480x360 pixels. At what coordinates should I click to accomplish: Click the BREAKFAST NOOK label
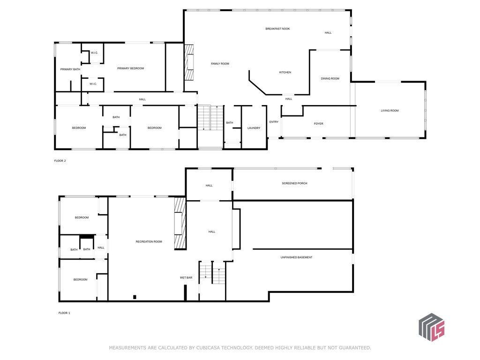point(277,29)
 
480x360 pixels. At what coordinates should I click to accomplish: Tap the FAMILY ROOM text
point(220,64)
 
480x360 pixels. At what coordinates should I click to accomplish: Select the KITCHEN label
point(285,72)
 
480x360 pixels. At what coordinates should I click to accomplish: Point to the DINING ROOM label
point(330,79)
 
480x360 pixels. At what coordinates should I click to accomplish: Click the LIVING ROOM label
point(390,111)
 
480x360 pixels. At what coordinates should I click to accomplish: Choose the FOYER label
point(318,124)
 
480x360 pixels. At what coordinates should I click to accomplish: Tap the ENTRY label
point(274,122)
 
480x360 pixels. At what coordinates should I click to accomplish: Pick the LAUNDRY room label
point(254,128)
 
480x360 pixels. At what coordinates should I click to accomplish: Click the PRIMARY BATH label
point(70,69)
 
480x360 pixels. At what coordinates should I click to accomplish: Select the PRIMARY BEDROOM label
point(130,68)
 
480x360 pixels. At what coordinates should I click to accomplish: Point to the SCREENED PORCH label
point(294,183)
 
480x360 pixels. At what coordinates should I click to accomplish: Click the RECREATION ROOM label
point(149,241)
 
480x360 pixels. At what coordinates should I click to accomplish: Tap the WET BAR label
point(186,277)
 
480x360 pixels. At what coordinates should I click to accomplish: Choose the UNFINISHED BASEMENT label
point(296,257)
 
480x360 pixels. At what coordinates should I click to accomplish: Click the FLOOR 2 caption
point(60,161)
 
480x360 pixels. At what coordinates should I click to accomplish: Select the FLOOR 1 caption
point(64,313)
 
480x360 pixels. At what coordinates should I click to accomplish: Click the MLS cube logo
point(432,327)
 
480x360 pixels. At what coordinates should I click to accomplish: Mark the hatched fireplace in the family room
point(189,62)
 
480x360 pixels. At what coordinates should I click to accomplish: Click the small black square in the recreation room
point(135,297)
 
